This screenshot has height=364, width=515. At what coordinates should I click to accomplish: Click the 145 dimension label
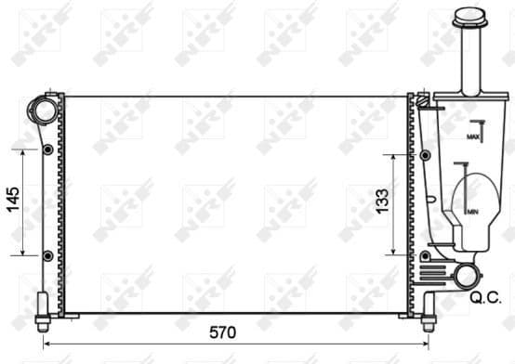[x=13, y=200]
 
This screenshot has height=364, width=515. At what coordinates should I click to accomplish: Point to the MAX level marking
[x=472, y=136]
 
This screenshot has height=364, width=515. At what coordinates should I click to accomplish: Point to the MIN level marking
[x=472, y=212]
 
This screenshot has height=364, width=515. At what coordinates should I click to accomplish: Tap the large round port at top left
[x=43, y=112]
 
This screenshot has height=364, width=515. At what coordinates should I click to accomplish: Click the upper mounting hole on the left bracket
[x=46, y=149]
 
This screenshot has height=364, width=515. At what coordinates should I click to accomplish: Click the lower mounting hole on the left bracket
[x=46, y=254]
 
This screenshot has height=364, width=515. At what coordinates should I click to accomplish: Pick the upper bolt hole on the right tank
[x=425, y=155]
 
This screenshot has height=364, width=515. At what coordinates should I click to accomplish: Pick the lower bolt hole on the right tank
[x=425, y=254]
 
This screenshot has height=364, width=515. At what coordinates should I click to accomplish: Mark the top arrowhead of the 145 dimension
[x=22, y=151]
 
